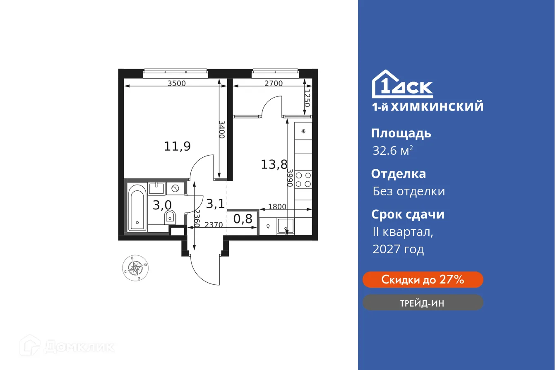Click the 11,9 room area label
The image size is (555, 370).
pos(177,146)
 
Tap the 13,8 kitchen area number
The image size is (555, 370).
pos(274,164)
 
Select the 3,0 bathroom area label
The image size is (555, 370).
pos(162,205)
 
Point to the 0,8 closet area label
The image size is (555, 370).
pos(243,219)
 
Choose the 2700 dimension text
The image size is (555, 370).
pos(273,83)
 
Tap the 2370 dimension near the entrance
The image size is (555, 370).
pos(214,225)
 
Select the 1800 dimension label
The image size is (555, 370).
pos(277,207)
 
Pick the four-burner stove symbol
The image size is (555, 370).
pos(304,179)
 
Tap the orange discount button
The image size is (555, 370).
pos(423,280)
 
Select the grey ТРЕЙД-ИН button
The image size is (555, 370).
pos(423,303)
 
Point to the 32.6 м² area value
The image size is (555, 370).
pos(392,151)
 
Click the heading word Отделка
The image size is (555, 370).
pos(398,174)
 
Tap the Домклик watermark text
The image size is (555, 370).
pos(79,346)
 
